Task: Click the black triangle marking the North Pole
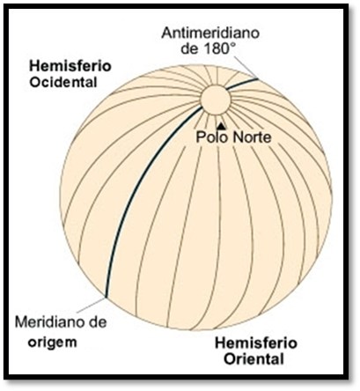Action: coord(221,126)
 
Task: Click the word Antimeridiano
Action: coord(210,33)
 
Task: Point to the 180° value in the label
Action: coord(218,48)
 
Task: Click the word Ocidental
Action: coord(63,82)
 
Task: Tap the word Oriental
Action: coord(254,359)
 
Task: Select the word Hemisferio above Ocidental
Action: coord(70,66)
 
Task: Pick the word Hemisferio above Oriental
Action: coord(256,343)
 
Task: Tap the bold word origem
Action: coord(53,343)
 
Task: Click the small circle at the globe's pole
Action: coord(216,100)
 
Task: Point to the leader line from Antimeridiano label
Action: coord(246,67)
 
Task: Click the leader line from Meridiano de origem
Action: coord(90,306)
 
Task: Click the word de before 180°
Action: coord(189,48)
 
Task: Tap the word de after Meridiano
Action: coord(96,322)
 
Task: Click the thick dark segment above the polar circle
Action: coord(242,84)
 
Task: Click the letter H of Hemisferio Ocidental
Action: coord(34,66)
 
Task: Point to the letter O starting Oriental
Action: coord(230,359)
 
